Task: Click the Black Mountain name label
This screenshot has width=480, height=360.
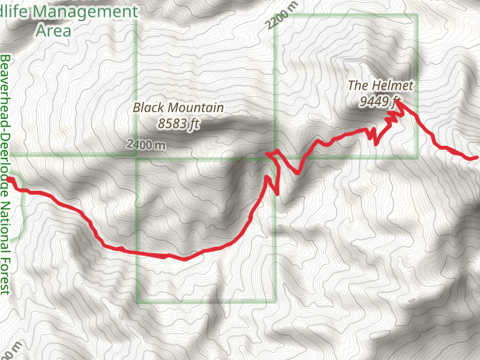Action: coord(178,108)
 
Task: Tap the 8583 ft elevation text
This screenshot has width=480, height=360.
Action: coord(178,124)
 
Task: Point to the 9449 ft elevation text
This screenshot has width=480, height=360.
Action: coord(379,101)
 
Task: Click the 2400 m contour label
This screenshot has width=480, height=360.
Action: coord(146,145)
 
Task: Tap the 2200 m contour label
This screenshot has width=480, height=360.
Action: coord(280,20)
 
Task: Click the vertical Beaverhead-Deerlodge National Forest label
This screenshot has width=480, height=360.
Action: coord(5,174)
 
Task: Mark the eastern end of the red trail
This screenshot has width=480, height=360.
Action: coord(476,157)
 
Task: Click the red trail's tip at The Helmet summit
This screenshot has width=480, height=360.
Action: coord(397,103)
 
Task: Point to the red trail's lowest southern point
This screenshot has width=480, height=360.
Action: coord(184,259)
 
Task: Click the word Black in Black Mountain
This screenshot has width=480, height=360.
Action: coord(148,108)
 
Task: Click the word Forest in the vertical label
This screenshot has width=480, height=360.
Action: coord(5,277)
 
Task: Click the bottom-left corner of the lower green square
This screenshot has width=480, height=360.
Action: coord(137,302)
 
